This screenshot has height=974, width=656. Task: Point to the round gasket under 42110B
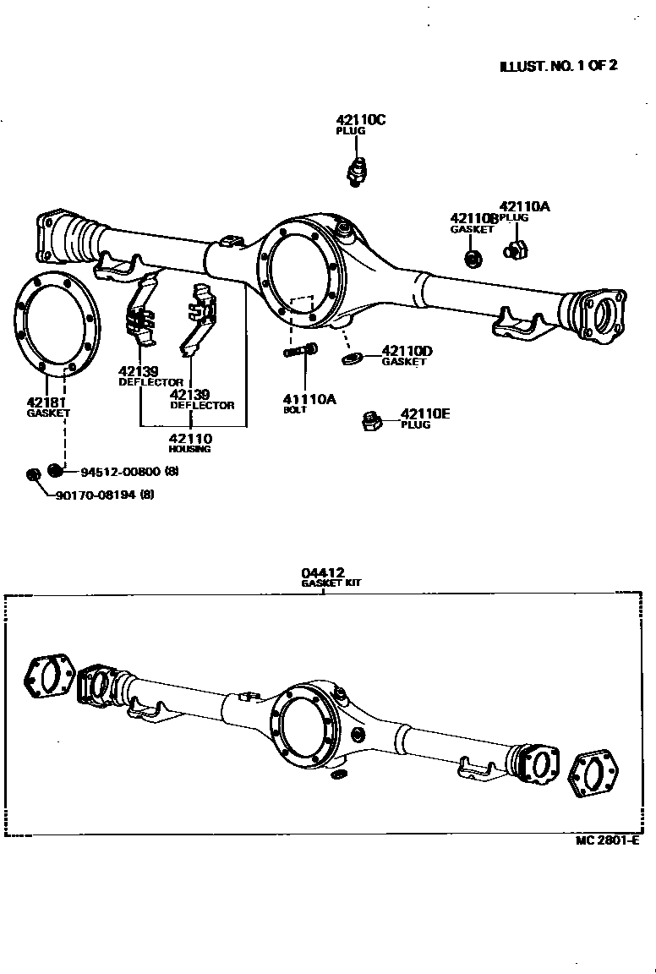[474, 254]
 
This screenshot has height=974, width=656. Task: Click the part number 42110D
[407, 350]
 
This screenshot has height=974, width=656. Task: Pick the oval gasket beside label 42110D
[351, 360]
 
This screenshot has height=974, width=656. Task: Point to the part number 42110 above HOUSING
[190, 438]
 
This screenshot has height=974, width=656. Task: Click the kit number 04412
[323, 572]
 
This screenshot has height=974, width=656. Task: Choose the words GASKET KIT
[331, 583]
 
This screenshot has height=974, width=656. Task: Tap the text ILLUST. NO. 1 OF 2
[558, 65]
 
